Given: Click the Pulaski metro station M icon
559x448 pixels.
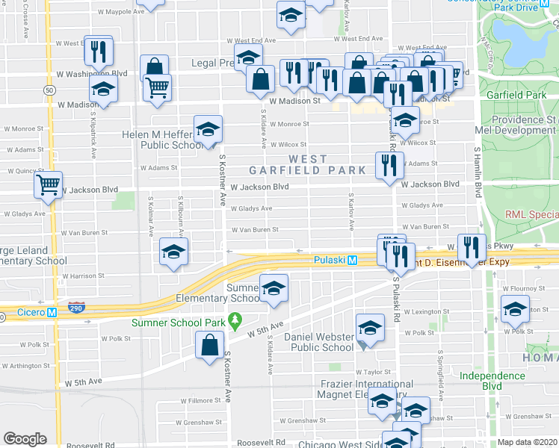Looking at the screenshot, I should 352,260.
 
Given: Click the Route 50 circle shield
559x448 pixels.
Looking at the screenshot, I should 49,90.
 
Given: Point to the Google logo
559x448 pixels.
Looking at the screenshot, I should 25,439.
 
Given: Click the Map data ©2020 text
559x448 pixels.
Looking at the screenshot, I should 526,442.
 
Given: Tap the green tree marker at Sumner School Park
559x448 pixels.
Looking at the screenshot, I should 236,323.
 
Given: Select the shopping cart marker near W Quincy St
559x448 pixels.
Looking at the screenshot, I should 49,184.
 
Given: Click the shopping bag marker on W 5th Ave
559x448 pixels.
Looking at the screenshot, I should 210,345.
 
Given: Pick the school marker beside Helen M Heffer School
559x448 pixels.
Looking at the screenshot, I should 209,129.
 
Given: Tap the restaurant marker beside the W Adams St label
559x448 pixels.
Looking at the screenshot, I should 389,165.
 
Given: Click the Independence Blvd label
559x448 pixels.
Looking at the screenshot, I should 492,381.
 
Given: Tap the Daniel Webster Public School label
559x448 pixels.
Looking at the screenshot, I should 318,342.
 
